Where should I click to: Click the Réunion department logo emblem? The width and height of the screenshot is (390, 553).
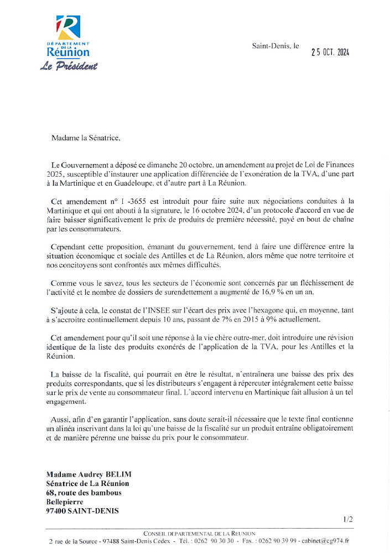68,27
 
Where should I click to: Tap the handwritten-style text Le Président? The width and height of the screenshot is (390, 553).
68,66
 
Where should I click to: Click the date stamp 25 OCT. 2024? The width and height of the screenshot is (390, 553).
330,52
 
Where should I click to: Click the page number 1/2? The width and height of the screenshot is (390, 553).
347,519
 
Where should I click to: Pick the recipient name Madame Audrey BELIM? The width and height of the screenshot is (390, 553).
89,474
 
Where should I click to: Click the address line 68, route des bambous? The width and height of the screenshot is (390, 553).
84,493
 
